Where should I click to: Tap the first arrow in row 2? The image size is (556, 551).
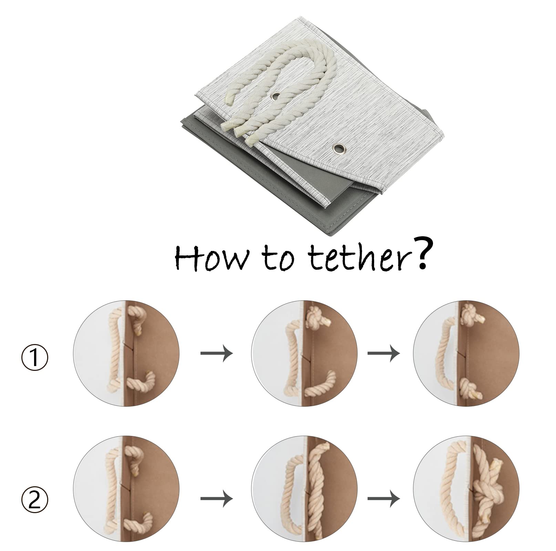coord(217,498)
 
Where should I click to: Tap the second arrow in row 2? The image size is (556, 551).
coord(384,498)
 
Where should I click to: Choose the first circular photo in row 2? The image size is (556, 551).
coord(126,498)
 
